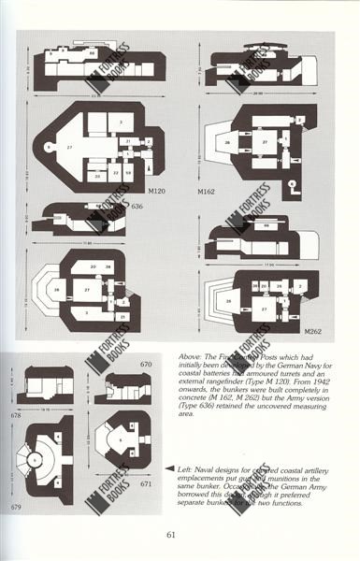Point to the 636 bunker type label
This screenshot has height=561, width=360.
(137, 205)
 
